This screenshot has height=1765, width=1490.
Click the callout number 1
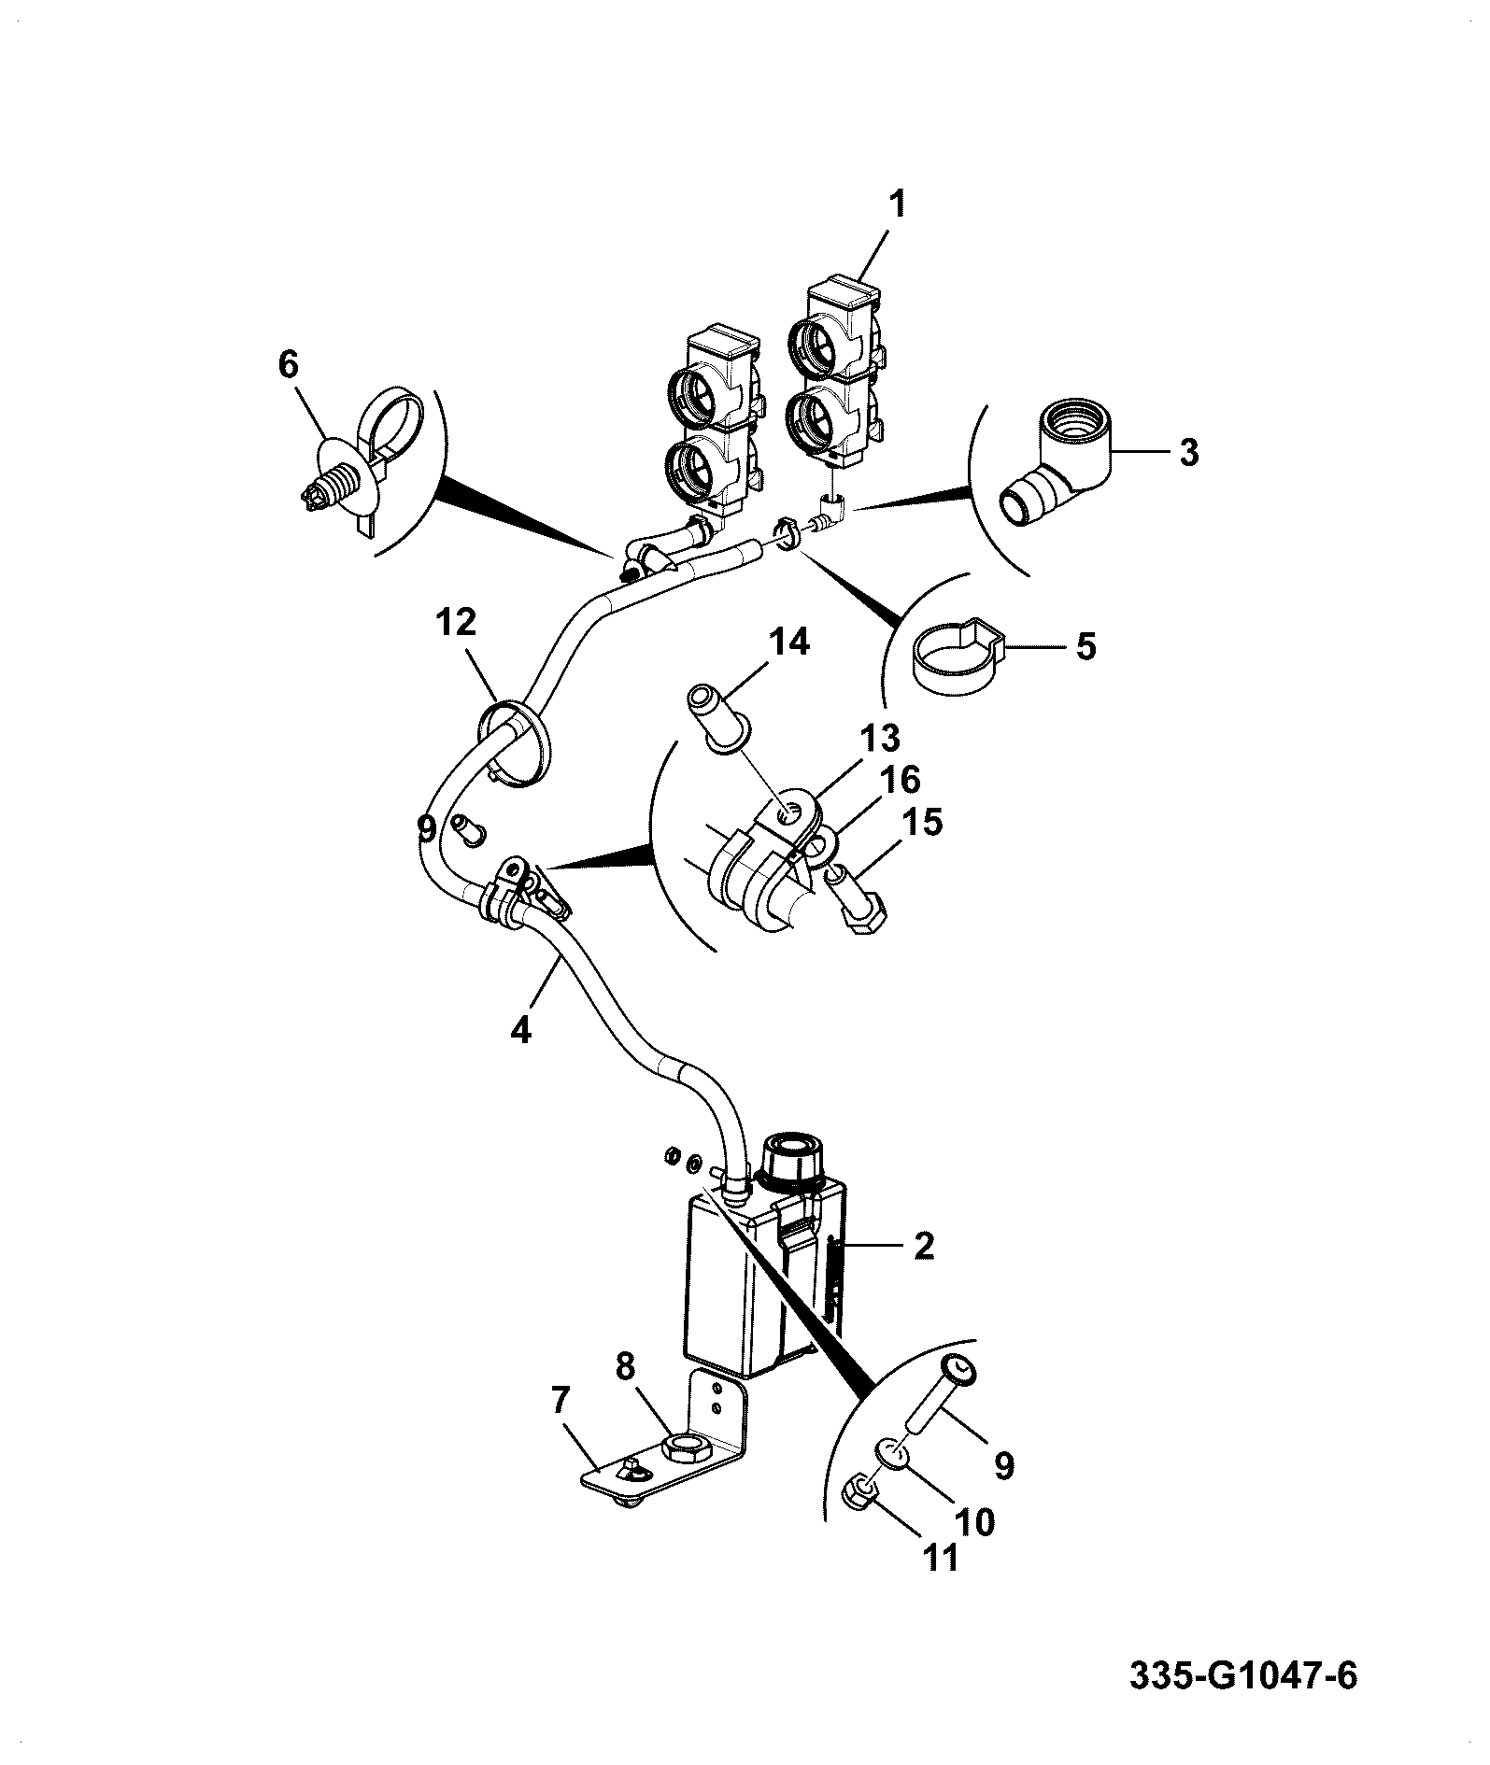click(x=896, y=205)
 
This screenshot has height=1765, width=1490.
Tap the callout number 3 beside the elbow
click(x=1188, y=453)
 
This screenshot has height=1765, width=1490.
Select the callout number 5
click(x=1086, y=646)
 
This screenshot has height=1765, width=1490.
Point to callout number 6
click(x=288, y=364)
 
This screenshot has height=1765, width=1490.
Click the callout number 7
click(x=561, y=1401)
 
